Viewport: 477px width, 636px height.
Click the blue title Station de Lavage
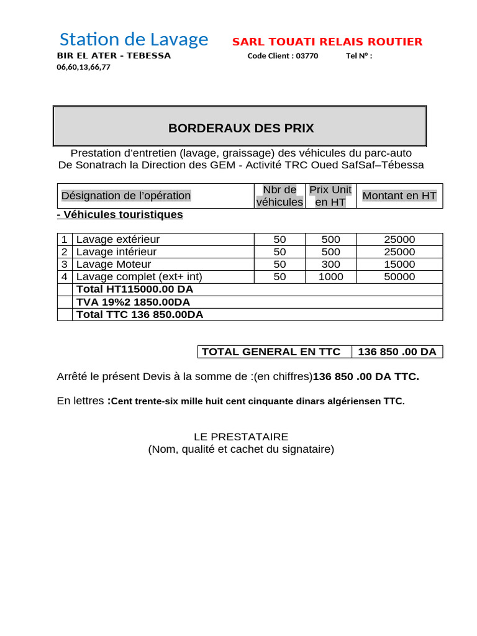(x=134, y=40)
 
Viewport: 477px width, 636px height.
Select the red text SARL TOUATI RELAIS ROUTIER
(x=327, y=42)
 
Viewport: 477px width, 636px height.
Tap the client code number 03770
(x=307, y=56)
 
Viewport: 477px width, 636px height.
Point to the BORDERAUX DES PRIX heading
(x=241, y=129)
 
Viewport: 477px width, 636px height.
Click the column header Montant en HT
(x=399, y=196)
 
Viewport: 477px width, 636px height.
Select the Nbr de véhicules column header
(x=279, y=196)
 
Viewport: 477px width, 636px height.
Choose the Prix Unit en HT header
(x=330, y=196)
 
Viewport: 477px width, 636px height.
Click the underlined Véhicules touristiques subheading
(x=120, y=214)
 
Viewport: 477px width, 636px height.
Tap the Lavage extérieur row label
(x=117, y=239)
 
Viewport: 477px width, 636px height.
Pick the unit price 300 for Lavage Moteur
(x=330, y=264)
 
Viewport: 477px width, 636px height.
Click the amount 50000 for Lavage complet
(x=399, y=276)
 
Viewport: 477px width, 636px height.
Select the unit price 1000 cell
(x=330, y=276)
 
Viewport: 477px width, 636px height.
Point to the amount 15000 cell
(x=399, y=264)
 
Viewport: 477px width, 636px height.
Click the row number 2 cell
(x=64, y=252)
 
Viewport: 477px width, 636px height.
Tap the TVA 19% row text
(x=132, y=302)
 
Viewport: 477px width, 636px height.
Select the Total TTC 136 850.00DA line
(x=139, y=314)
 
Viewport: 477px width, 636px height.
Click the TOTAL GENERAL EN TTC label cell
(x=271, y=352)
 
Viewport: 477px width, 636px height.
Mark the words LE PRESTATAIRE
(x=241, y=437)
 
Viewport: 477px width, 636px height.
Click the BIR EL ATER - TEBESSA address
(x=114, y=56)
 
